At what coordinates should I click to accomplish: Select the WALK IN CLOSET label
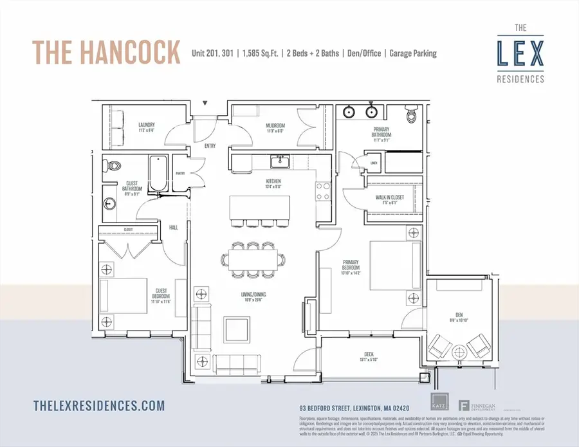tap(392, 197)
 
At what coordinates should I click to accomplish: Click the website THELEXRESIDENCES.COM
tap(98, 405)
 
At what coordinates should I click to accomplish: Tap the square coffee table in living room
tap(232, 326)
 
